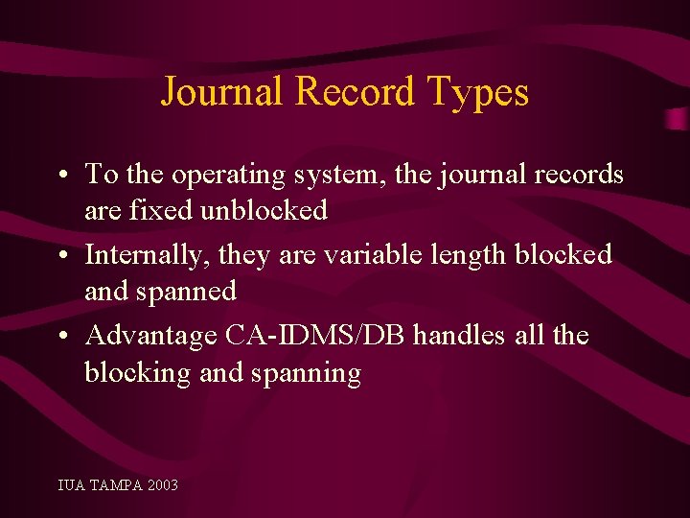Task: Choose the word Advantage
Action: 150,337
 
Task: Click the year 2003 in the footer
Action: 162,485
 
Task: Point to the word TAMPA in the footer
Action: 114,485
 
